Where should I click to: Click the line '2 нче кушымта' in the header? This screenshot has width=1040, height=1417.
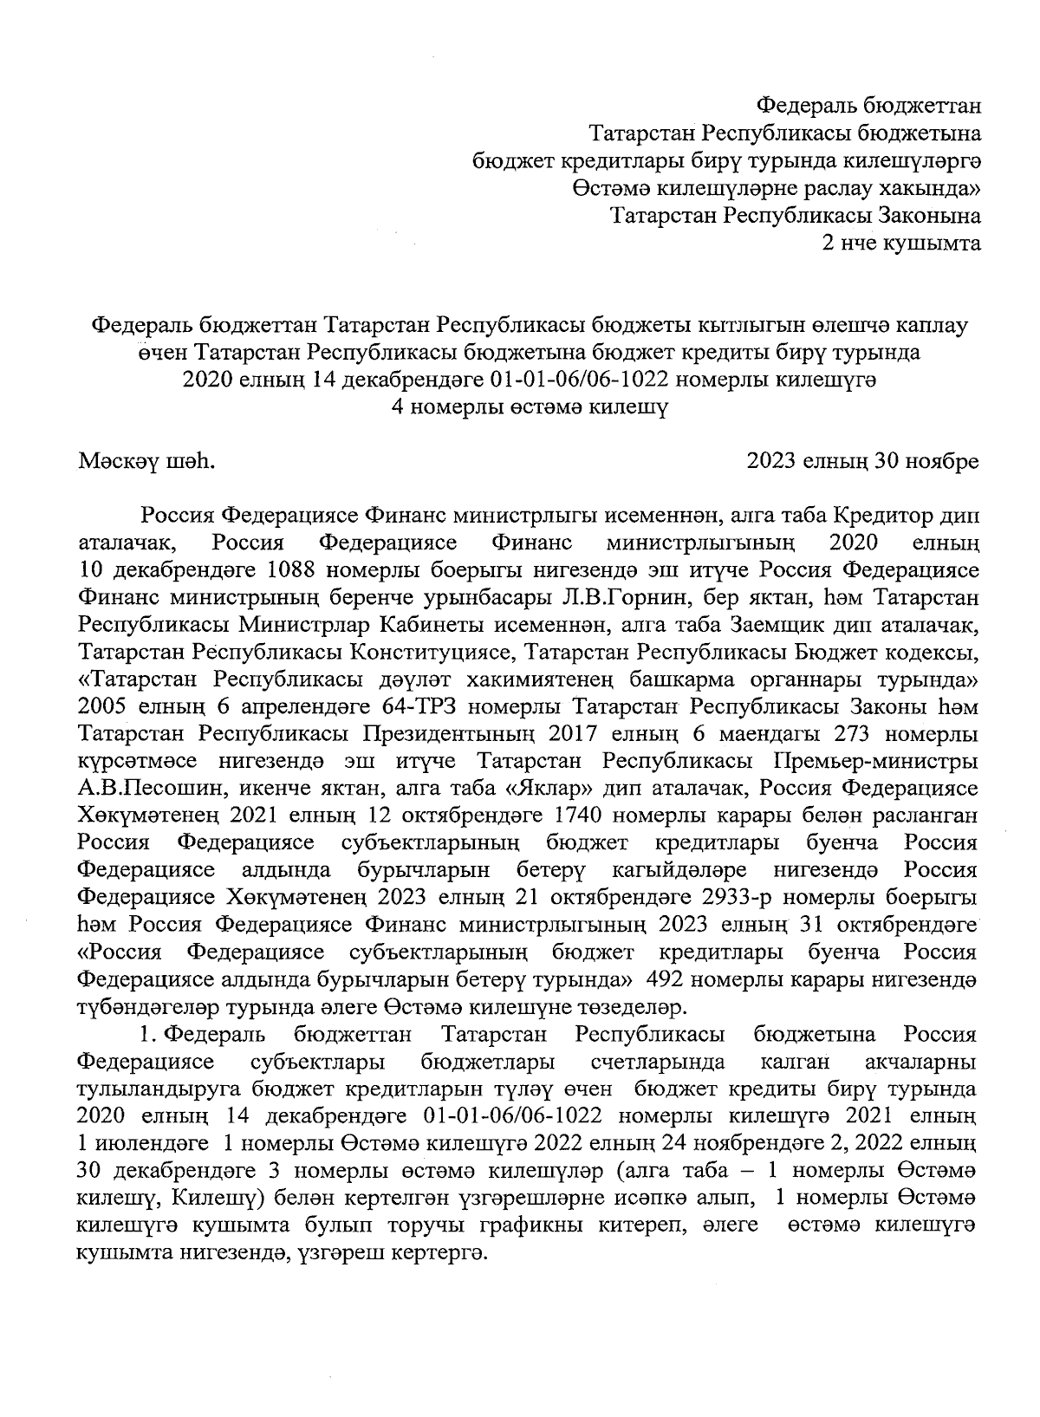[901, 243]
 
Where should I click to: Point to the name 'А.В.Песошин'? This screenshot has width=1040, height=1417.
[132, 790]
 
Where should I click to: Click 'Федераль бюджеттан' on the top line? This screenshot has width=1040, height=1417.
[868, 106]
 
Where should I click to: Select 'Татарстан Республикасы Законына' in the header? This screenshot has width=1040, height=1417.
[795, 215]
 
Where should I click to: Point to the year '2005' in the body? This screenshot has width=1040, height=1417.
[101, 707]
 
